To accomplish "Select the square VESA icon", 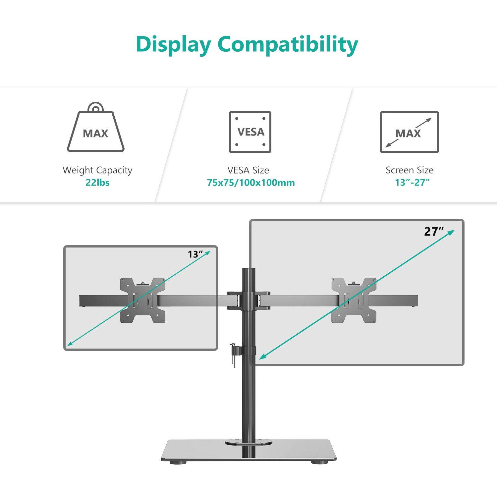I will click(x=250, y=132).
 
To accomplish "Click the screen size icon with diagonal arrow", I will click(x=409, y=132).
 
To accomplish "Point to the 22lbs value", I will click(x=97, y=183).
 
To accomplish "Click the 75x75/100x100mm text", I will click(x=251, y=183).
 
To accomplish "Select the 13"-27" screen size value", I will click(x=412, y=183).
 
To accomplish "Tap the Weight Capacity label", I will click(x=97, y=170).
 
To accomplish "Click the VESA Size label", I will click(x=248, y=170).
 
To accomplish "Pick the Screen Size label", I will click(x=410, y=170).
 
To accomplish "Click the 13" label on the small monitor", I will click(x=195, y=254).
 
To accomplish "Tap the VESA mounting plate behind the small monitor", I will click(x=142, y=301).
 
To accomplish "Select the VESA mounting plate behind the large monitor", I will click(x=354, y=301).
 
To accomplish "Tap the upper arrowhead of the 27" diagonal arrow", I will click(x=451, y=233).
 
